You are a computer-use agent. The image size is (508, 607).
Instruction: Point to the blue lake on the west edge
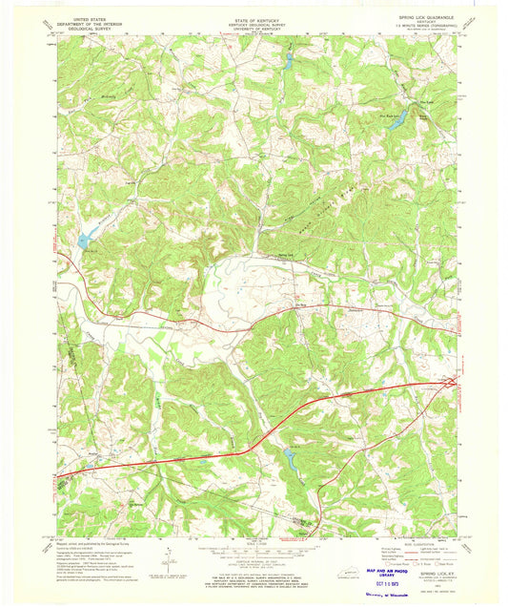(x=86, y=241)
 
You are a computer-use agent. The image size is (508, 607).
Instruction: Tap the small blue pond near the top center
(x=288, y=63)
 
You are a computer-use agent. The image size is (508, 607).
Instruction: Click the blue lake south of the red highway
(x=288, y=458)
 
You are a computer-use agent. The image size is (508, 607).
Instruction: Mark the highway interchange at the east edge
(x=449, y=383)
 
